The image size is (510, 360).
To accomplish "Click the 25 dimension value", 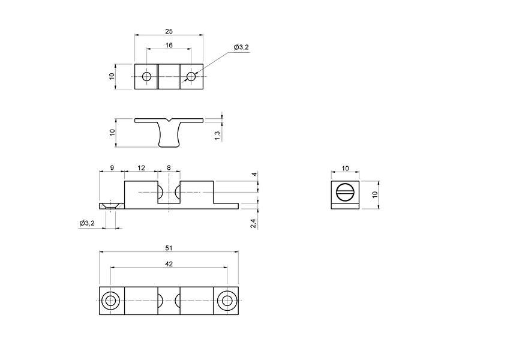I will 169,31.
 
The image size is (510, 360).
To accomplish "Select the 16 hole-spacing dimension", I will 169,45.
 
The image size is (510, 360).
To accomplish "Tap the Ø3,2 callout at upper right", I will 241,47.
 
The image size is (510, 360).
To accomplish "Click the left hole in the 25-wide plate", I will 146,77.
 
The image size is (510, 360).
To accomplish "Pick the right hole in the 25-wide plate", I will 191,77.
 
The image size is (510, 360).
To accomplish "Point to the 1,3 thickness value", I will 217,136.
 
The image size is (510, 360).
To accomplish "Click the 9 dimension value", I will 112,168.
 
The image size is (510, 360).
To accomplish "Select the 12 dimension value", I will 141,168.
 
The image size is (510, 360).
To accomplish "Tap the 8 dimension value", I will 169,168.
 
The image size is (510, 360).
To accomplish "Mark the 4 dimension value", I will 254,175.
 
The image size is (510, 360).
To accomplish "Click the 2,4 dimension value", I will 254,223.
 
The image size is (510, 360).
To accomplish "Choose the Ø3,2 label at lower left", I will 87,223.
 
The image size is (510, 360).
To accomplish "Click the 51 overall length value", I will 169,247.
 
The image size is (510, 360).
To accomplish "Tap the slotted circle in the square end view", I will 345,192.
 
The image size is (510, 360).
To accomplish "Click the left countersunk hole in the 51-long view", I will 110,301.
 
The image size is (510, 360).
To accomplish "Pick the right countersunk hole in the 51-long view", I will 227,301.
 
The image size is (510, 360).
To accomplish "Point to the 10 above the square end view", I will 345,168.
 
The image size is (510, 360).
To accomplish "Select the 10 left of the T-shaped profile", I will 112,133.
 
